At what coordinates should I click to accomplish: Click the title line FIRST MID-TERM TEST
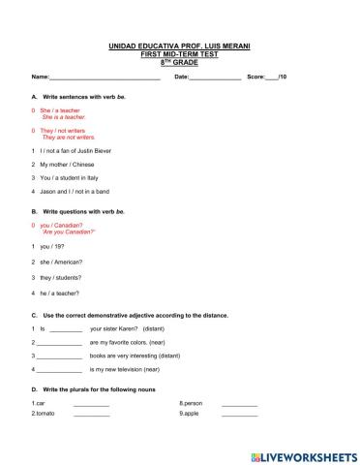click(179, 53)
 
